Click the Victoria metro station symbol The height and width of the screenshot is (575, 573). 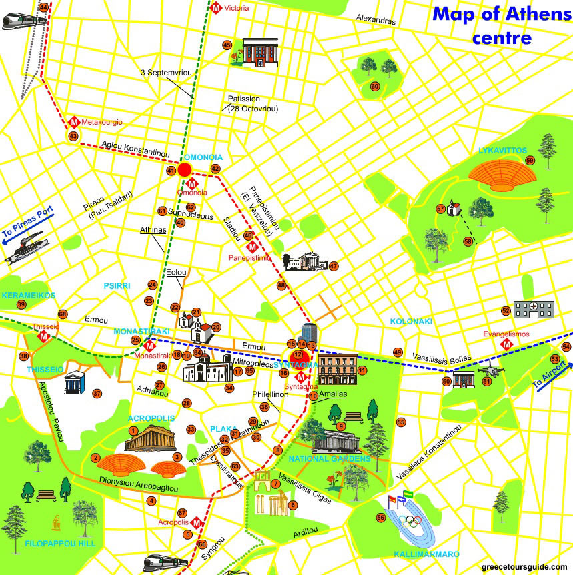[217, 8]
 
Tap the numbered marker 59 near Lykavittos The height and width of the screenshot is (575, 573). [530, 161]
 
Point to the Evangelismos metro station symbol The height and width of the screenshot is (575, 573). [506, 345]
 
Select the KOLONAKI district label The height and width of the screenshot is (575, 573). [411, 321]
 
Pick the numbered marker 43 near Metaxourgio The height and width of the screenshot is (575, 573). [73, 136]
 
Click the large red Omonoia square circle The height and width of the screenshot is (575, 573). [185, 170]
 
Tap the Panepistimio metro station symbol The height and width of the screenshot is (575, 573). [252, 247]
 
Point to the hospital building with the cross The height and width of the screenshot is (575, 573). [534, 309]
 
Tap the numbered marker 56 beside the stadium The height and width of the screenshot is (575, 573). [381, 517]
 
